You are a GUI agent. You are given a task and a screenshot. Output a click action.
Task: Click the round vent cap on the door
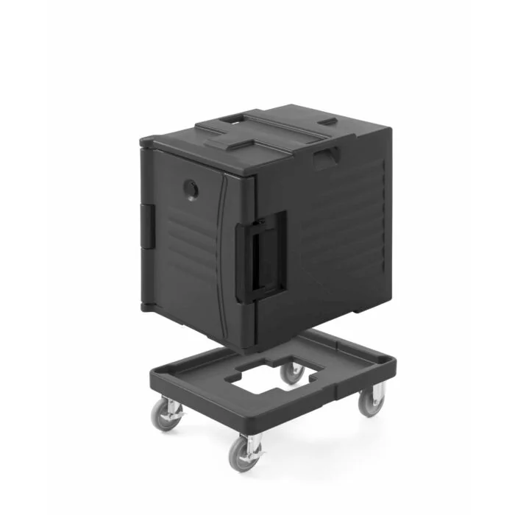191,190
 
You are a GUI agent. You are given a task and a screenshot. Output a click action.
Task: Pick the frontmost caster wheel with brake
244,451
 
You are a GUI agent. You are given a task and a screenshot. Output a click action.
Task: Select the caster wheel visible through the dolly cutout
293,372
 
